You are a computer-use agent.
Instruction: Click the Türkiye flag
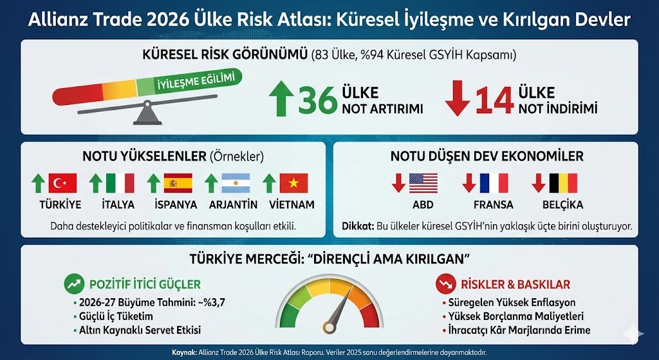point(62,184)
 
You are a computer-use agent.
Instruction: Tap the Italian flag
point(120,184)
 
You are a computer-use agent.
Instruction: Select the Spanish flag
point(178,184)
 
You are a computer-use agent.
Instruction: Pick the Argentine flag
point(236,184)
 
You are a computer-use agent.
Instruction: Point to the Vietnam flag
point(293,184)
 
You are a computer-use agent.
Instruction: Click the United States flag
point(423,184)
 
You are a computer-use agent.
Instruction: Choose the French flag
point(494,184)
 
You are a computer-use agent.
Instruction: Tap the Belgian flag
point(563,184)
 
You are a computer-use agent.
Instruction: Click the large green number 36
point(317,100)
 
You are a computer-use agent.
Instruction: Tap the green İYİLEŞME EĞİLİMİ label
point(194,82)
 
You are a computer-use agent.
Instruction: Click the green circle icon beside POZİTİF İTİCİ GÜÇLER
point(73,283)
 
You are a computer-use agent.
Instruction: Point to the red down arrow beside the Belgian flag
point(539,184)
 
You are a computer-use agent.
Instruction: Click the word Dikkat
point(356,226)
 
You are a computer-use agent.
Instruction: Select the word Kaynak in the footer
point(185,352)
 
